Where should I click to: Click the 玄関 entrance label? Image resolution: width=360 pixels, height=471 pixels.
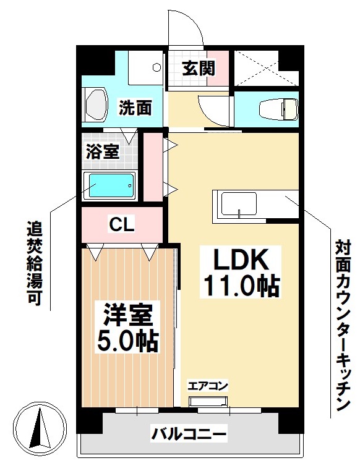(x=198, y=68)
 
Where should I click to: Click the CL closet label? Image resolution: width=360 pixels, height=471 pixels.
(x=122, y=225)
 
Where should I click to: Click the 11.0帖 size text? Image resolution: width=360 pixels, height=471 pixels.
(x=241, y=286)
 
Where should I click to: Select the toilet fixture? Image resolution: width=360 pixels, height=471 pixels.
(x=278, y=109)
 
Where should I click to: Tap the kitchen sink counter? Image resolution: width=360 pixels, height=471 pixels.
(x=236, y=203)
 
